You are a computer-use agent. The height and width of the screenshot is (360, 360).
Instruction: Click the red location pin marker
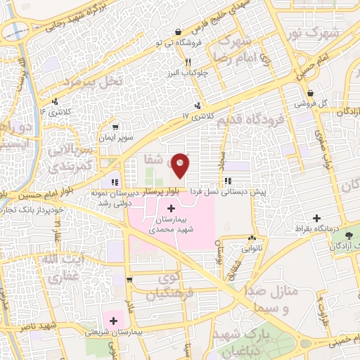(x=181, y=165)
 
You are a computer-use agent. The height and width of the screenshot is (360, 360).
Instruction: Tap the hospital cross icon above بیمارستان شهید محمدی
(x=172, y=209)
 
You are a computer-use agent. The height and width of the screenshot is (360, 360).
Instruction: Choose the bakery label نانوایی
(x=252, y=247)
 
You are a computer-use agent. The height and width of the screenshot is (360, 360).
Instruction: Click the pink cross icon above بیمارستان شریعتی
(x=112, y=321)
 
